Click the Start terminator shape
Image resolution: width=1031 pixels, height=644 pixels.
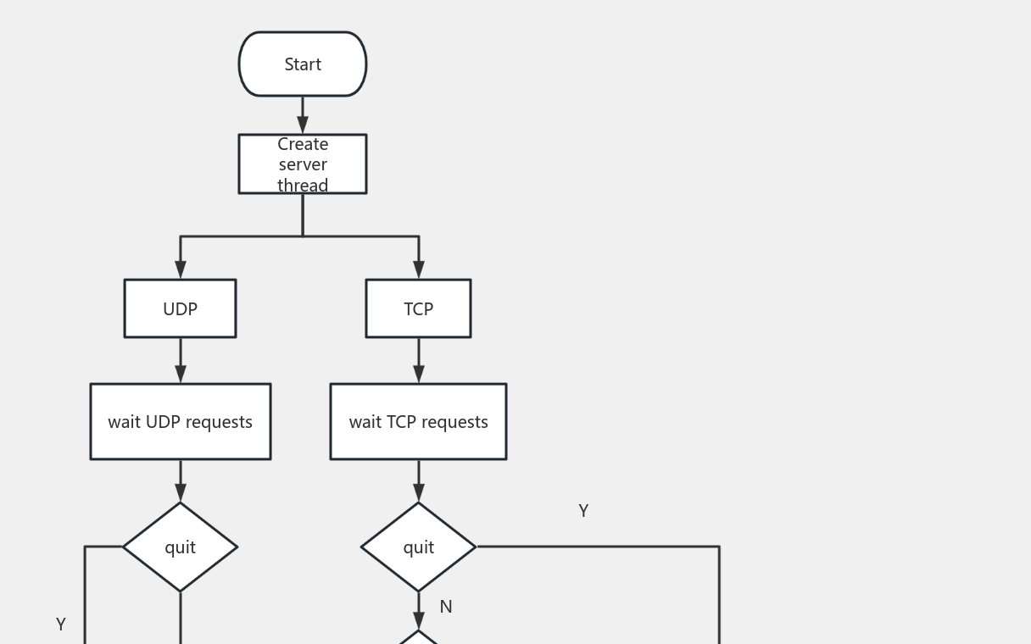click(x=303, y=64)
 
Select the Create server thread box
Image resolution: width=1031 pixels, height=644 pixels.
click(x=303, y=164)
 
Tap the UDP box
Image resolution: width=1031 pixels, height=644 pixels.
click(x=180, y=308)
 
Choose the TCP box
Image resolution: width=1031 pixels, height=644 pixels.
click(x=418, y=308)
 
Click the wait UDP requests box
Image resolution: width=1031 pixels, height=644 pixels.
click(x=181, y=421)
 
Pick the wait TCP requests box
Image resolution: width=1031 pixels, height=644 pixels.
click(x=418, y=421)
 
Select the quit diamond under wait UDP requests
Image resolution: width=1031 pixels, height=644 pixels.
click(x=181, y=547)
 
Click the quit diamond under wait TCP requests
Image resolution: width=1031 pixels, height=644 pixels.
click(x=418, y=547)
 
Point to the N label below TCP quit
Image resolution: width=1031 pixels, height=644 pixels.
click(x=446, y=607)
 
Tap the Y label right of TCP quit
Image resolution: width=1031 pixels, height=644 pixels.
click(x=583, y=511)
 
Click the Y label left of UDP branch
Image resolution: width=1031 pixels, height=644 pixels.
click(x=61, y=625)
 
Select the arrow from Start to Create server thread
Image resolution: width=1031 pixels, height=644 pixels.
click(x=303, y=114)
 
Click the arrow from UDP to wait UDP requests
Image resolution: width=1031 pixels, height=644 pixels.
click(x=181, y=360)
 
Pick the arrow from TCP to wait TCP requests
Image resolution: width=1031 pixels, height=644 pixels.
click(x=418, y=360)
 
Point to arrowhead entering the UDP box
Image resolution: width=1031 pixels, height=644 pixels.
click(x=181, y=269)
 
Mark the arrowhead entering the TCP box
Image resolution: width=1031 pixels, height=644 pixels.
click(x=418, y=269)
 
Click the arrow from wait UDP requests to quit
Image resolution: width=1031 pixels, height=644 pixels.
click(x=181, y=480)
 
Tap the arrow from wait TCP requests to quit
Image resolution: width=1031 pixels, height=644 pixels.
click(x=418, y=480)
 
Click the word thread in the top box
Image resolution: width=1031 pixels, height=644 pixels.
click(x=303, y=186)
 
